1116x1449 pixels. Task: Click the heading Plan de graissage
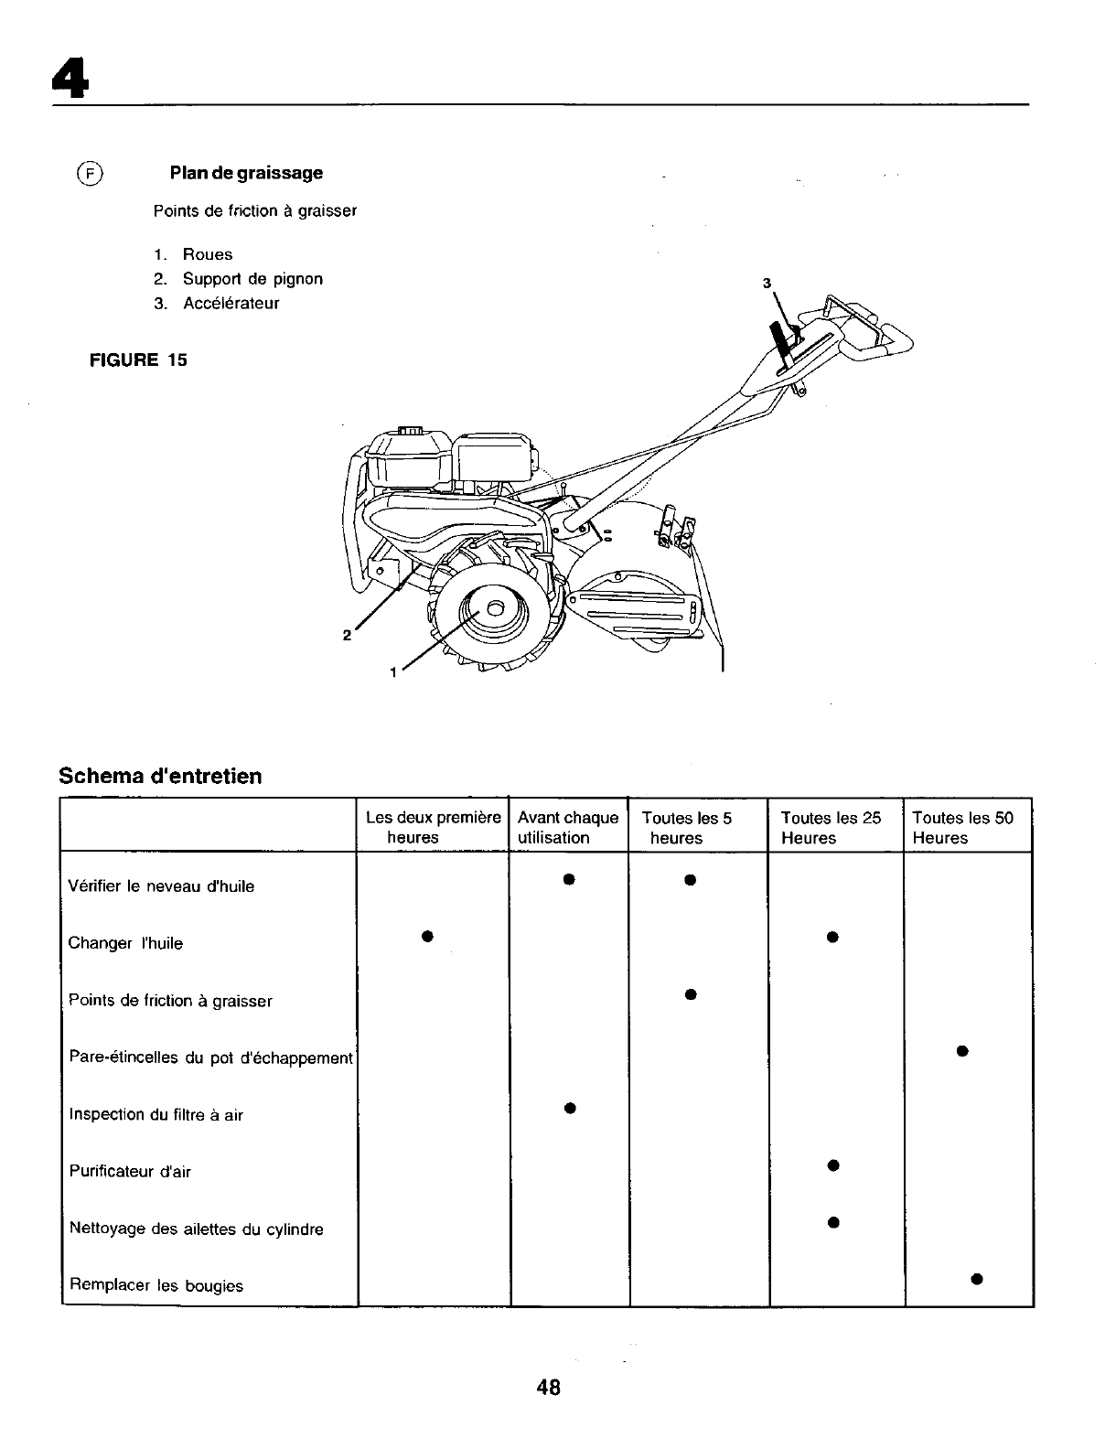245,173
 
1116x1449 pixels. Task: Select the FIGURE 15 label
137,360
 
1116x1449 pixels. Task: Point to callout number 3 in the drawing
768,283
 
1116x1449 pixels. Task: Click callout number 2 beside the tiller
347,635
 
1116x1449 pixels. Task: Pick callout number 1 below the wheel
392,672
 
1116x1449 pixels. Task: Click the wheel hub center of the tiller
494,607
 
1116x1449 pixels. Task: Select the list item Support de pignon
252,279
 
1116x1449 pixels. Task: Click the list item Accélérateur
231,304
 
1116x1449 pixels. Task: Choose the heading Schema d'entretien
160,777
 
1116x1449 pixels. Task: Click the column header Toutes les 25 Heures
831,828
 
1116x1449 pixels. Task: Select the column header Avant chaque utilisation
567,828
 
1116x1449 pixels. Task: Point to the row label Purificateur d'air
130,1171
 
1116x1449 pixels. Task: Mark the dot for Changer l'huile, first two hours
426,936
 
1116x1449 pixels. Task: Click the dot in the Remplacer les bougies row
977,1278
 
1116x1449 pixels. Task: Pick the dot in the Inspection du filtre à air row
568,1108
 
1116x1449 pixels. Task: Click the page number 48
549,1387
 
